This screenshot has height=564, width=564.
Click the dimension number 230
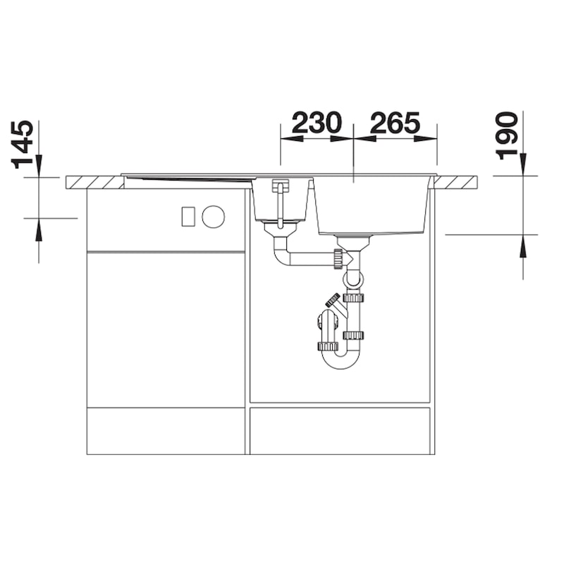[x=317, y=123]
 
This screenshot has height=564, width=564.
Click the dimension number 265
[x=395, y=123]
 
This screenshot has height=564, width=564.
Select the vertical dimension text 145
[x=23, y=145]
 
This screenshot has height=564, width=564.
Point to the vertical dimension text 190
[x=507, y=136]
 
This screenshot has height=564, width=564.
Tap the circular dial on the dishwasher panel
[x=214, y=216]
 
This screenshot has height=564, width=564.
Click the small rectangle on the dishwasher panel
[x=188, y=216]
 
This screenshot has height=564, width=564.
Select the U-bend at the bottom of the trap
[x=341, y=359]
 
